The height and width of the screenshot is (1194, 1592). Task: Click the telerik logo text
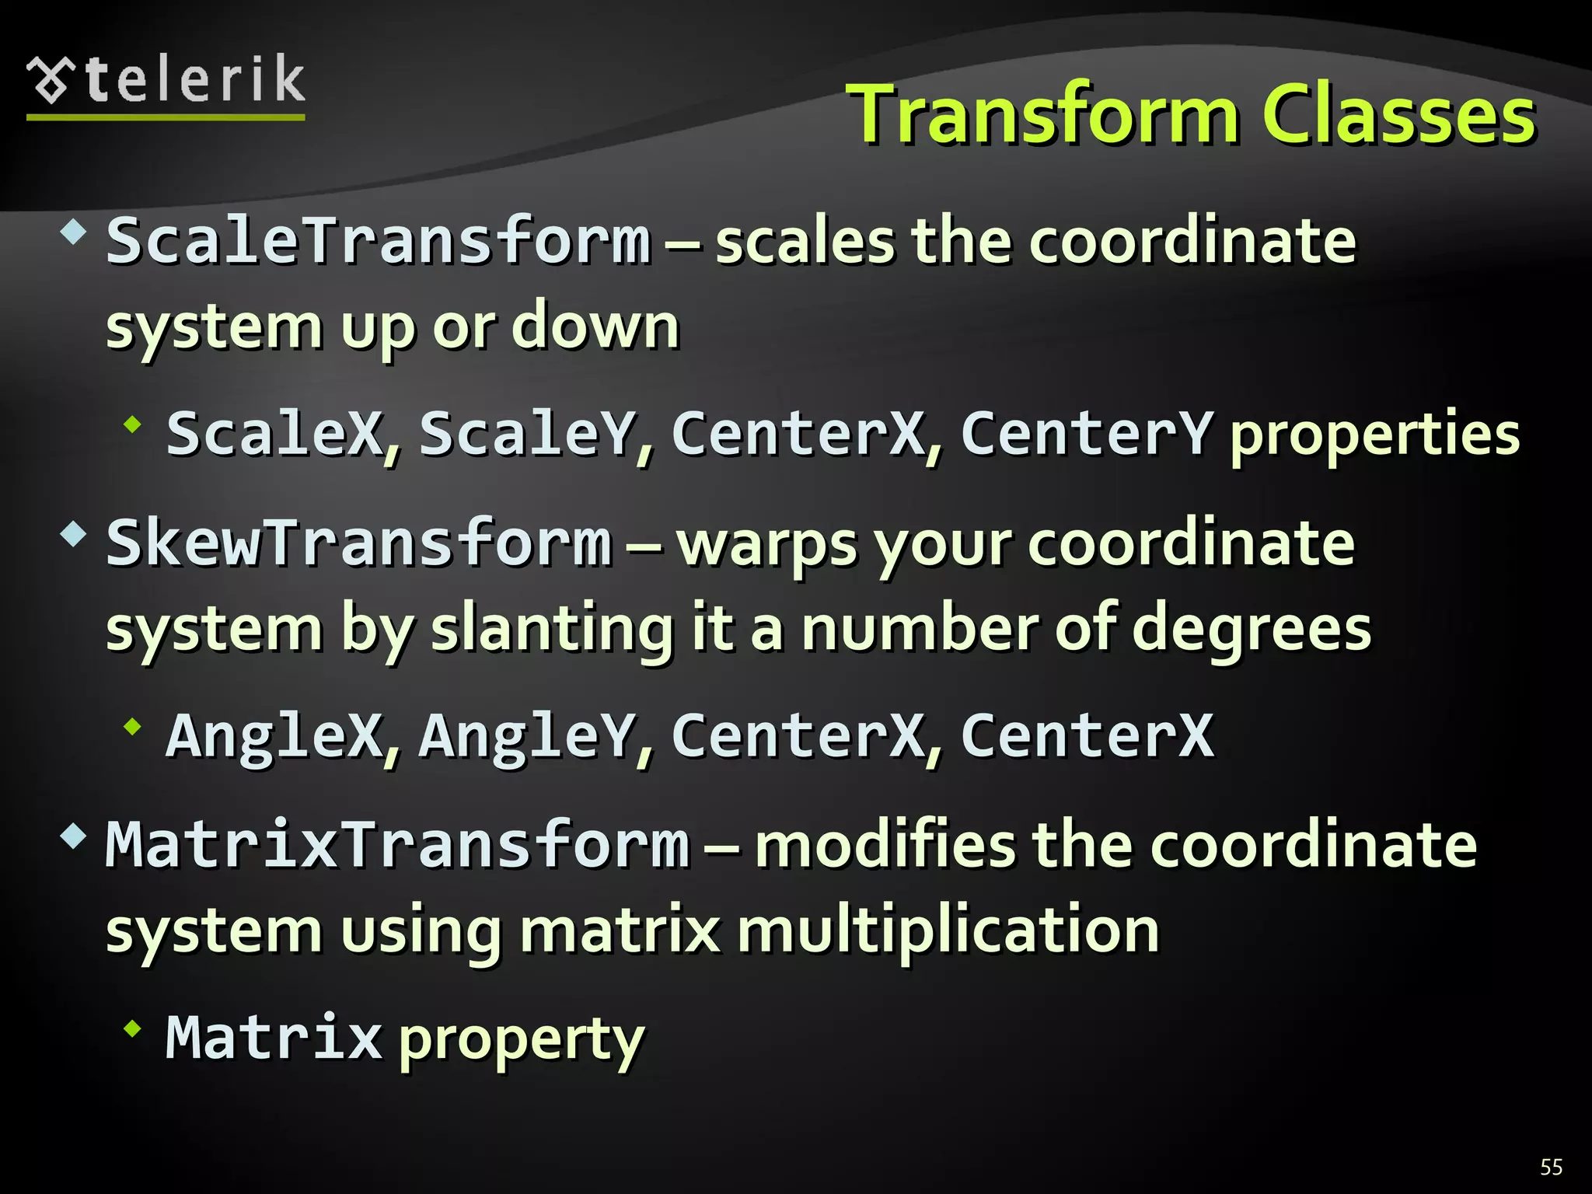tap(194, 80)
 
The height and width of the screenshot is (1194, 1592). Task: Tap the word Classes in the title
tap(1398, 115)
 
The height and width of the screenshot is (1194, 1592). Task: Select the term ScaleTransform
tap(378, 240)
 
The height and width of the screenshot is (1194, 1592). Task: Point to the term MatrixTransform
tap(397, 844)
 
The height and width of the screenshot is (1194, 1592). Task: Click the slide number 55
tap(1551, 1167)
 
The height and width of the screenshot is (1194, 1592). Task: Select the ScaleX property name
tap(274, 433)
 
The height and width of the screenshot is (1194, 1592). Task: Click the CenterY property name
tap(1086, 433)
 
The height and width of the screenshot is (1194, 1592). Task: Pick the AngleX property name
tap(274, 735)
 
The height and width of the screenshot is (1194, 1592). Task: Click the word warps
tap(766, 544)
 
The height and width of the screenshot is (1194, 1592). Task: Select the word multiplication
tap(948, 930)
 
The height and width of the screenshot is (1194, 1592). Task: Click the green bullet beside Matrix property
tap(133, 1029)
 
